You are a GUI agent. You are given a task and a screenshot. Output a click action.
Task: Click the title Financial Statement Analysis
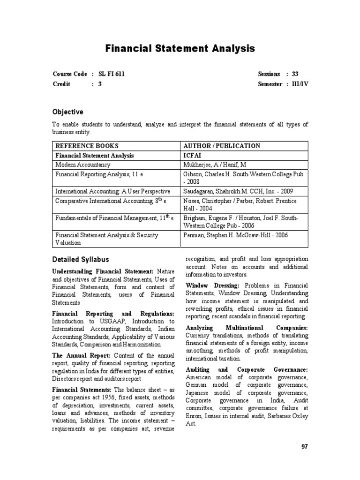click(180, 48)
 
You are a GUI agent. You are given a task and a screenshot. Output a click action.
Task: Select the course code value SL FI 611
click(112, 74)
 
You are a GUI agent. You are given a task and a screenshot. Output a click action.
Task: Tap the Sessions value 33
click(295, 74)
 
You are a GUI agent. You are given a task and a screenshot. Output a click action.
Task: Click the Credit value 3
click(100, 84)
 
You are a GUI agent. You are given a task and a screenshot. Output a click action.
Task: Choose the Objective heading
click(67, 112)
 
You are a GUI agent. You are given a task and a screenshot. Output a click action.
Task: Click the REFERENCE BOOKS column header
click(87, 146)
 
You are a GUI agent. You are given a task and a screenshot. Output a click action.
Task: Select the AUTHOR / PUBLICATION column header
click(221, 146)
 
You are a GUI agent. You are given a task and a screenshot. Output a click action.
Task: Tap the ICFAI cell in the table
click(194, 155)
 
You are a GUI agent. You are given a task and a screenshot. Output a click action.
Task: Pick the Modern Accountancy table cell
click(83, 165)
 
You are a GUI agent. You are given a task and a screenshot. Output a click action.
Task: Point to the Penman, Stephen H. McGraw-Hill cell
click(235, 235)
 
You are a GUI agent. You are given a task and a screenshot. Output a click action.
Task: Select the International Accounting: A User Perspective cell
click(112, 191)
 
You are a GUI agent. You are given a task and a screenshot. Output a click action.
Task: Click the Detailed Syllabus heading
click(80, 259)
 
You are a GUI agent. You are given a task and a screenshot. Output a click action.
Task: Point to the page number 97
click(304, 447)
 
